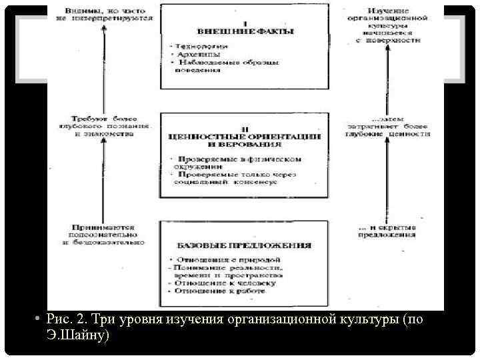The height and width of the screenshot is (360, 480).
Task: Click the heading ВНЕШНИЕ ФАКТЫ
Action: point(245,31)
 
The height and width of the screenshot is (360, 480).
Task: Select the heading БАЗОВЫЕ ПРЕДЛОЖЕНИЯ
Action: point(244,245)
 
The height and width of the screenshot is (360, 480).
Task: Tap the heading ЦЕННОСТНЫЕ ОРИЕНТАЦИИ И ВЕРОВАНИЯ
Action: point(245,139)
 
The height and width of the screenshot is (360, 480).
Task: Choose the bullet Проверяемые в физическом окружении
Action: point(237,162)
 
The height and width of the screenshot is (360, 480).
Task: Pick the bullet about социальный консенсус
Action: point(237,178)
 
